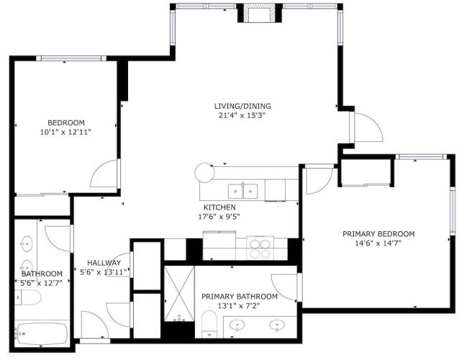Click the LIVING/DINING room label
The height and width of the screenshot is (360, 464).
click(x=242, y=106)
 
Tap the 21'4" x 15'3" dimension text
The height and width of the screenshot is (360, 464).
click(x=241, y=115)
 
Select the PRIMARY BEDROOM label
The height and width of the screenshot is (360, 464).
click(x=378, y=234)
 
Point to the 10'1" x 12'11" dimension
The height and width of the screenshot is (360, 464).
click(x=65, y=132)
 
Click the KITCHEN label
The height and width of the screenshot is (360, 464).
click(x=219, y=207)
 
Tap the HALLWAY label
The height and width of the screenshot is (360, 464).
click(x=104, y=263)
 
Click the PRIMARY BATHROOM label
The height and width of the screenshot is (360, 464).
click(x=240, y=297)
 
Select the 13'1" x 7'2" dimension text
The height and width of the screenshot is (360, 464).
click(x=239, y=306)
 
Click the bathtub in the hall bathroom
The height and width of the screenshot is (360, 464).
click(x=42, y=333)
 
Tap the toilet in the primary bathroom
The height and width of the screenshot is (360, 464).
click(x=209, y=324)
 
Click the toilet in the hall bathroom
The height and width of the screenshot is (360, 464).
click(x=28, y=297)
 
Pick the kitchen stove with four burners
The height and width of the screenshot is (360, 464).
click(x=260, y=248)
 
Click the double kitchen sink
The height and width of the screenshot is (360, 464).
click(x=242, y=192)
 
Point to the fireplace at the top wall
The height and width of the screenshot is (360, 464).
click(x=260, y=14)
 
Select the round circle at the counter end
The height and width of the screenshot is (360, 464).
click(x=204, y=173)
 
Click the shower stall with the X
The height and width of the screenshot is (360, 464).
click(x=179, y=293)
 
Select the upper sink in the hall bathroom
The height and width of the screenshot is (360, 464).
click(x=27, y=243)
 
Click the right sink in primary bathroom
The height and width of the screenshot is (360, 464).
click(x=277, y=325)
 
